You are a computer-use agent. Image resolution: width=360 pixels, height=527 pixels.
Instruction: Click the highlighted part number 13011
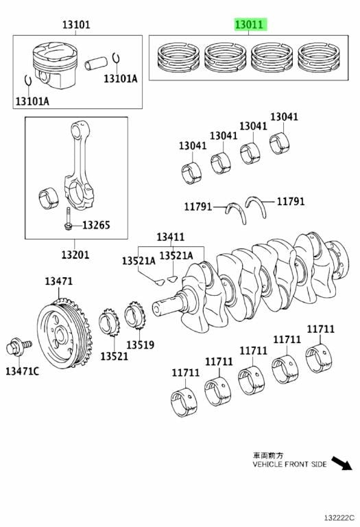[x=250, y=25]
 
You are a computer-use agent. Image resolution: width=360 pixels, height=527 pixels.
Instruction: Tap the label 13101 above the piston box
[x=76, y=25]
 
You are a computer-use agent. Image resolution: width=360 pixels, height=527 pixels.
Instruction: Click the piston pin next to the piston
[x=96, y=63]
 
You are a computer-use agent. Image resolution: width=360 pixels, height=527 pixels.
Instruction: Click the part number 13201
[x=75, y=255]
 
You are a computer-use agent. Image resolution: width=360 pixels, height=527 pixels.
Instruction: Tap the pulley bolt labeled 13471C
[x=19, y=347]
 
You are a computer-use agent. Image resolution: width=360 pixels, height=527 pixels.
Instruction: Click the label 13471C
[x=22, y=371]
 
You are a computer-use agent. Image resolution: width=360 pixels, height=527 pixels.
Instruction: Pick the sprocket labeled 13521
[x=109, y=322]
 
